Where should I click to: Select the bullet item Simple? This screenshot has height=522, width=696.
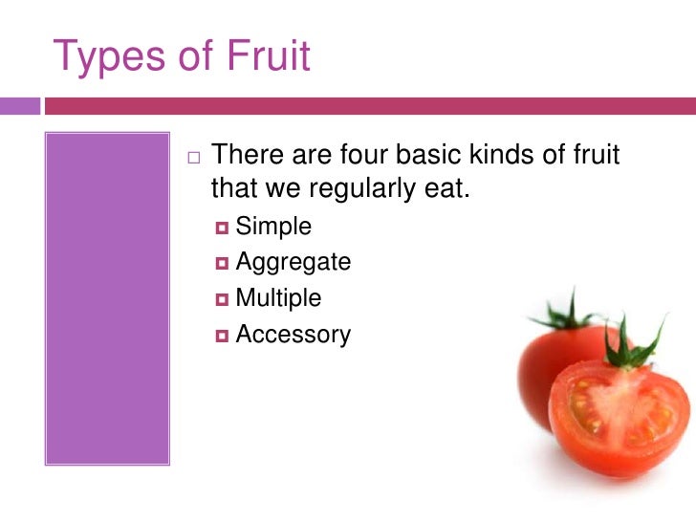coord(273,227)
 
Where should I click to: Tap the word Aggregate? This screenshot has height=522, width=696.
coord(293,263)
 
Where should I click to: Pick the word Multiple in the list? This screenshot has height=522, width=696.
coord(278,298)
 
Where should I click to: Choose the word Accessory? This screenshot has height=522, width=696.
coord(293,335)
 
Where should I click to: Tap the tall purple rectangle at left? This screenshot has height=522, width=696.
coord(107,297)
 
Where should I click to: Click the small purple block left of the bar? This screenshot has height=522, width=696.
coord(20,105)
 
